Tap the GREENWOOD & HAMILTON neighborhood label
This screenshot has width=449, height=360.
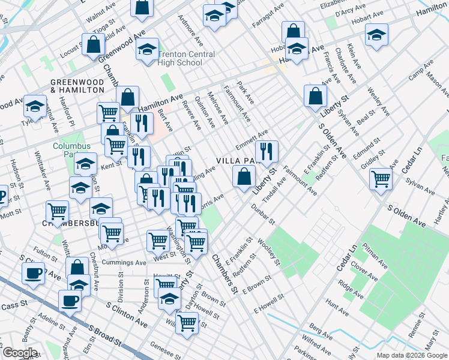(x=77, y=85)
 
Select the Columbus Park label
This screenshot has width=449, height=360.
(x=71, y=149)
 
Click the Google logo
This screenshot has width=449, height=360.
(x=19, y=353)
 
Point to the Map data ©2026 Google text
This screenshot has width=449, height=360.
(x=411, y=355)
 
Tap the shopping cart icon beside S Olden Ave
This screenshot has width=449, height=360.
(x=381, y=178)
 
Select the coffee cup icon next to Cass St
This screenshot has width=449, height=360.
(x=69, y=299)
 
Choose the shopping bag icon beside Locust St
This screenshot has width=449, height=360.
(x=94, y=45)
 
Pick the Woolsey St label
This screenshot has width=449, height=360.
(x=268, y=253)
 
